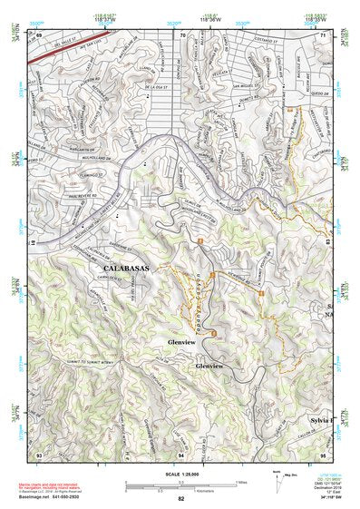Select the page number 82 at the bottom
(x=180, y=499)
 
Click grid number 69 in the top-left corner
(x=39, y=35)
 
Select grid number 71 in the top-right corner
(x=324, y=35)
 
